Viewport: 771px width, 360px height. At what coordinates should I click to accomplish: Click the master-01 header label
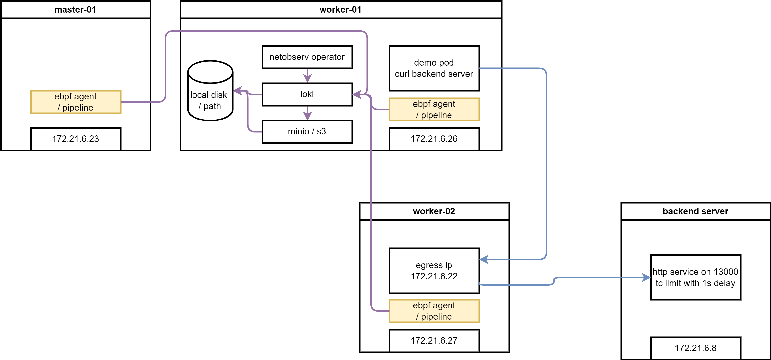point(75,9)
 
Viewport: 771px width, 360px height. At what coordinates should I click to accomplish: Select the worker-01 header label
point(341,9)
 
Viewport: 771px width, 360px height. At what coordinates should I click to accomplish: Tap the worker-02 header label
point(434,211)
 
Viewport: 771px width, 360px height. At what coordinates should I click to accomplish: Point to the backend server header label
point(695,211)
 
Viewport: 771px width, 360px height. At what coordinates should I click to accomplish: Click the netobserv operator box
point(307,57)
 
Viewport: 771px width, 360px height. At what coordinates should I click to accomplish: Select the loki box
point(307,94)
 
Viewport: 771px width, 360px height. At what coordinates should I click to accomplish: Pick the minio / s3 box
point(307,132)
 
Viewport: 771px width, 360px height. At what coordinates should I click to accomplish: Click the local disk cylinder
point(210,91)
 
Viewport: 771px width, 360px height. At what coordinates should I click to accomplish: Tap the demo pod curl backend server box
point(434,68)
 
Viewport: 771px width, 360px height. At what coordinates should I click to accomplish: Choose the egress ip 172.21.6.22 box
point(434,271)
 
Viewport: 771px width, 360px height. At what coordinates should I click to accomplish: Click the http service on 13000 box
point(695,277)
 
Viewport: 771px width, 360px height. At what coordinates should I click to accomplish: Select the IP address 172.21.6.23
point(76,139)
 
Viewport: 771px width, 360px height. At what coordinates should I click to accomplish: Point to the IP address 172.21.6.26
point(434,139)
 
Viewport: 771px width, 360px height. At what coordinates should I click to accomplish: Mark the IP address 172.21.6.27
point(434,341)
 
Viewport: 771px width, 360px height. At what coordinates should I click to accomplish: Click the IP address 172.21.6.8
point(695,348)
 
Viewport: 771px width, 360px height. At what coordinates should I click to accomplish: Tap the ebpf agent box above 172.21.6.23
point(76,102)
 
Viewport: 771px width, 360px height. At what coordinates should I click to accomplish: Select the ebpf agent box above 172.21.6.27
point(434,311)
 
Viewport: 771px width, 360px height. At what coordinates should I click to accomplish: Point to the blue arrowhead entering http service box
point(646,277)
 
